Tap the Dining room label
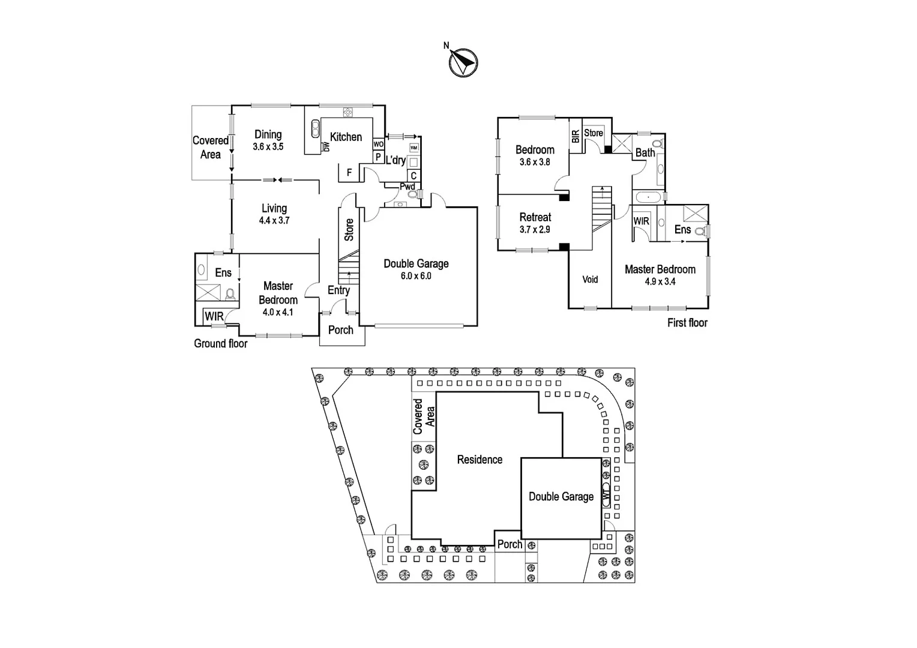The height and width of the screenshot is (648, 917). tap(268, 134)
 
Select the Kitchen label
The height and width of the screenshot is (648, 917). tap(346, 137)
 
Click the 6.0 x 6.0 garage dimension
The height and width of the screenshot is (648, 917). tap(416, 276)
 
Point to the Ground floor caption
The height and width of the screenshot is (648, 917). tap(220, 344)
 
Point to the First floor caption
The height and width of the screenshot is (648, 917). tap(687, 323)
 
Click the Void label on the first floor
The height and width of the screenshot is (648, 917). tap(590, 280)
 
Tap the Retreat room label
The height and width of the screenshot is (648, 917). tap(535, 217)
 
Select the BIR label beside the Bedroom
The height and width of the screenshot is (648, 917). tap(576, 136)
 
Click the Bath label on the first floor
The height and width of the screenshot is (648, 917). tap(645, 152)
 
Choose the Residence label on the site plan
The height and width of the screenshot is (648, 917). tap(480, 460)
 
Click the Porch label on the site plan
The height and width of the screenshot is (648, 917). tap(510, 544)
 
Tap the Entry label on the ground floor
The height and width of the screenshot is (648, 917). tap(338, 290)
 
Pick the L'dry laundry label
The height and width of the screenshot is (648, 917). tap(395, 160)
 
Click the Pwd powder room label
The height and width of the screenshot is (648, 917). tap(407, 187)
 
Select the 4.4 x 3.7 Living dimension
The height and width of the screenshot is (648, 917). tap(274, 220)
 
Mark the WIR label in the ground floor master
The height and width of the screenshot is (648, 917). tap(214, 316)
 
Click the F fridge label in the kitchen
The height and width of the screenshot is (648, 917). tap(349, 173)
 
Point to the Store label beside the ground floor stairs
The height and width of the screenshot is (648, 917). tap(349, 230)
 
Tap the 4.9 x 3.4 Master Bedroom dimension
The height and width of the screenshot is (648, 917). tap(660, 281)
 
